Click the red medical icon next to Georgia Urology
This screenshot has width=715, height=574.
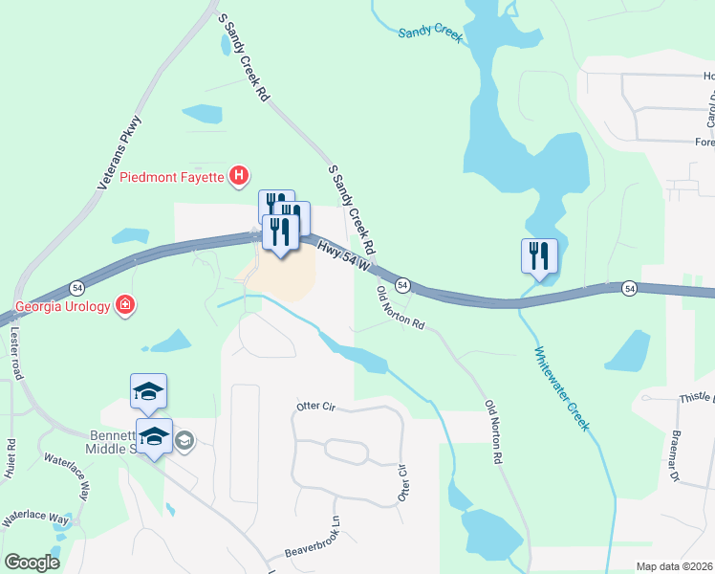[x=125, y=306]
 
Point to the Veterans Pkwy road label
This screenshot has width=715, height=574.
[x=120, y=153]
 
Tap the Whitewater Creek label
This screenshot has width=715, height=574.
[x=559, y=387]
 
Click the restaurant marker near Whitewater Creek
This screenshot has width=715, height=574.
[x=538, y=256]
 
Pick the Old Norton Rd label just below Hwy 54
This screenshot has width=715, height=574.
[x=401, y=306]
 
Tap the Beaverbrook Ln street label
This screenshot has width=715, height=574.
[x=313, y=541]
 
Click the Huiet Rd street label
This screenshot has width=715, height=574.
[x=11, y=458]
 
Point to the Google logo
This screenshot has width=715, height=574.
[x=32, y=563]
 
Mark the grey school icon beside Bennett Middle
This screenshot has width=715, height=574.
[x=184, y=440]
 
